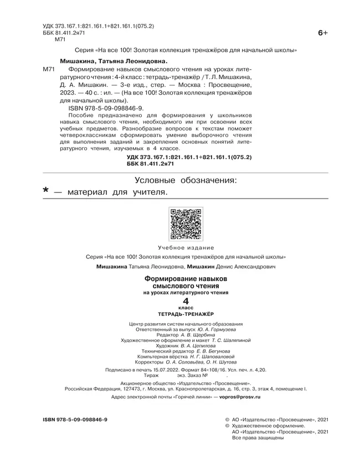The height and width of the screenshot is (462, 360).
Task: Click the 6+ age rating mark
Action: click(323, 33)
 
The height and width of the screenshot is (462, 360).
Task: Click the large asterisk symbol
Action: click(47, 191)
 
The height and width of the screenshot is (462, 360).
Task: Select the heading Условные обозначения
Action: click(186, 180)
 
